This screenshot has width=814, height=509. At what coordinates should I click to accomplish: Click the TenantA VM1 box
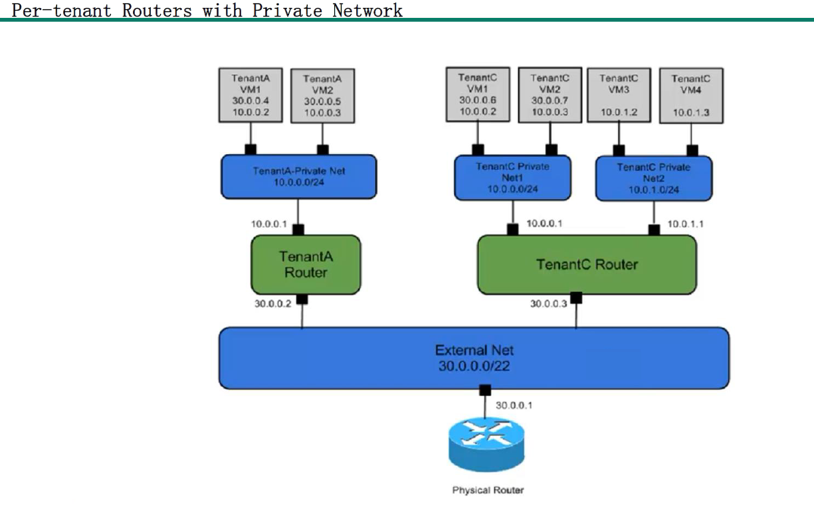[x=250, y=94]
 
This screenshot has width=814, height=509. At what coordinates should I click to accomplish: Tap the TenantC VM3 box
[x=619, y=95]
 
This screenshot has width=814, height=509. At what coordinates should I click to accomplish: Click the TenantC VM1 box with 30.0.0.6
[x=478, y=94]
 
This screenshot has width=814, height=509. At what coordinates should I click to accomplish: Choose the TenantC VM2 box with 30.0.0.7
[x=550, y=94]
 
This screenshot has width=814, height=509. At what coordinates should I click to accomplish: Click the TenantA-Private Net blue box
[x=298, y=176]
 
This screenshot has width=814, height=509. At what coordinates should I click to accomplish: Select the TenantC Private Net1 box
[x=512, y=178]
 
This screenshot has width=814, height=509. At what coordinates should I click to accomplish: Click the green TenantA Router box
[x=306, y=264]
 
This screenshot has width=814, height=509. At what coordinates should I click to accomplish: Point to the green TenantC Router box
[x=587, y=264]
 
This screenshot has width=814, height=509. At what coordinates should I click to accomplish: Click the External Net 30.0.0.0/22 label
[x=474, y=358]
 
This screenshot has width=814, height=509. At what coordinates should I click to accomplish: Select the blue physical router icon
[x=486, y=444]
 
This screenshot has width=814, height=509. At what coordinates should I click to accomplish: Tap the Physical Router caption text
[x=488, y=490]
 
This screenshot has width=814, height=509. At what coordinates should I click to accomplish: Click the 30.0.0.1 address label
[x=514, y=405]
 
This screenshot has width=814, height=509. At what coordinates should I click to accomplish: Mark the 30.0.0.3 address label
[x=548, y=303]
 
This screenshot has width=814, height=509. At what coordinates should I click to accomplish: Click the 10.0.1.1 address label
[x=685, y=224]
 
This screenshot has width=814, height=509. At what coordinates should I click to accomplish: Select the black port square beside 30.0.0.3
[x=576, y=298]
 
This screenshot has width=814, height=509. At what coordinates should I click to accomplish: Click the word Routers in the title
[x=157, y=10]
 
